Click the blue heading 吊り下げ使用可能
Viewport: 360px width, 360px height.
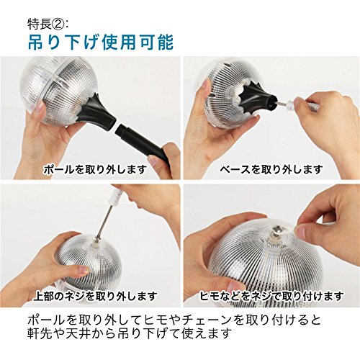(101, 42)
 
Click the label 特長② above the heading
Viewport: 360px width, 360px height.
(45, 24)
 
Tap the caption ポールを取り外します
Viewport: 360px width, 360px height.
(95, 169)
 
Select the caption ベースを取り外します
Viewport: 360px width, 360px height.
(271, 169)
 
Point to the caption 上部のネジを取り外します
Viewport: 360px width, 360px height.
(95, 296)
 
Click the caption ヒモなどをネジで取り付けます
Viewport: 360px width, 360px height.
(271, 297)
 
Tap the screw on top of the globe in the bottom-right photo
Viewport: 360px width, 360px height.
(276, 231)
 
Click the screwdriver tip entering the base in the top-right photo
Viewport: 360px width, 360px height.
(283, 104)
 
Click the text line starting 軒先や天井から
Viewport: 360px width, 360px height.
(130, 333)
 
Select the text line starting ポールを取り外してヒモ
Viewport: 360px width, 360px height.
(174, 319)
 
